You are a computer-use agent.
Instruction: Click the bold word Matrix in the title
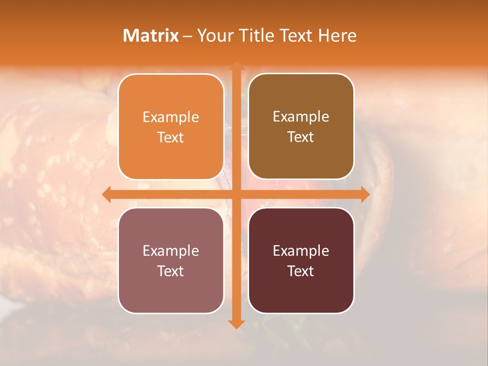(151, 36)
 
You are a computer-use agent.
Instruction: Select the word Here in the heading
(337, 36)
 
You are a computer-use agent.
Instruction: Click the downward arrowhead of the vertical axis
(236, 324)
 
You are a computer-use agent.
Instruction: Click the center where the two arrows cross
(236, 194)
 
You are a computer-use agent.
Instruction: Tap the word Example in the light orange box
(171, 117)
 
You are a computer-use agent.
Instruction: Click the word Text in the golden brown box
(301, 137)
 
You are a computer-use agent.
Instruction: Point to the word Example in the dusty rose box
(171, 251)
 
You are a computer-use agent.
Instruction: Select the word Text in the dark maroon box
(301, 271)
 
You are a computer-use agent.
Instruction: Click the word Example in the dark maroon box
(301, 251)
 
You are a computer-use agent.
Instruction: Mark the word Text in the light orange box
(171, 138)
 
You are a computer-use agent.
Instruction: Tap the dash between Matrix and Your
(188, 36)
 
